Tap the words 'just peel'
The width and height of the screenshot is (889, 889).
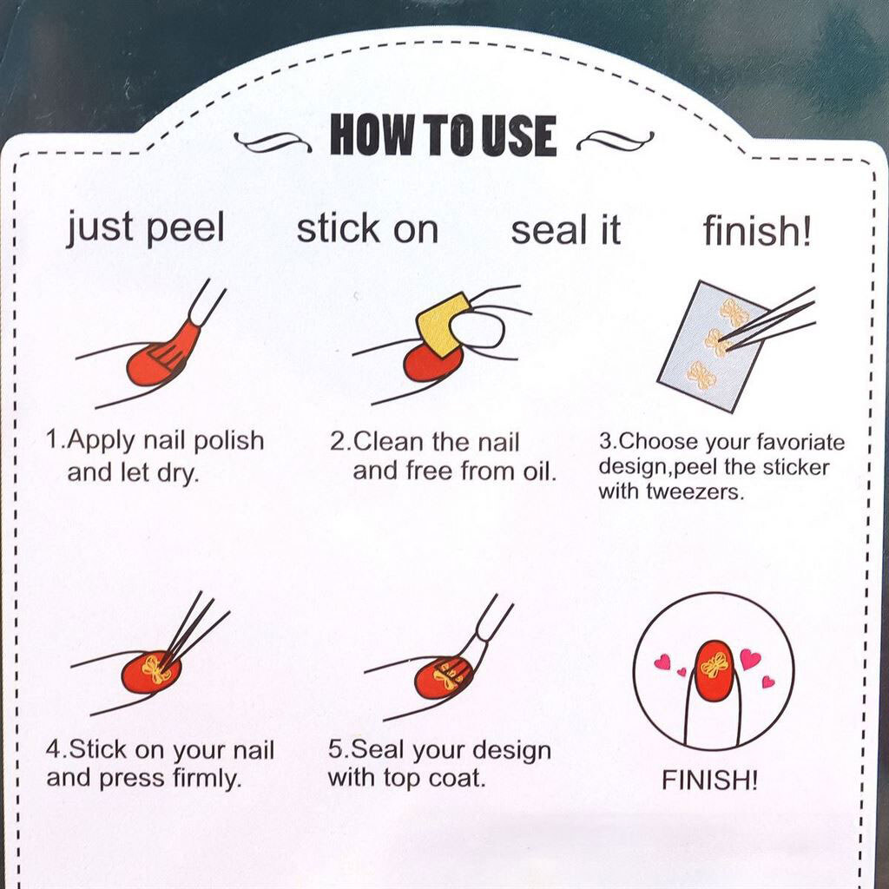(x=146, y=228)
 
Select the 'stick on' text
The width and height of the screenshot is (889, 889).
(x=367, y=229)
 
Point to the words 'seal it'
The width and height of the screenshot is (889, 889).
(x=566, y=231)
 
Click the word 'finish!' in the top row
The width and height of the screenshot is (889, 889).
(x=757, y=231)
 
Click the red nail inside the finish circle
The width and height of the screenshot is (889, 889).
(x=715, y=671)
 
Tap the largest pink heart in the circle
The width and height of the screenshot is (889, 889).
(x=750, y=659)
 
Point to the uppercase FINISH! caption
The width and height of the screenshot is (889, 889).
(x=709, y=780)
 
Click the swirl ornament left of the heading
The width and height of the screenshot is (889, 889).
(x=272, y=142)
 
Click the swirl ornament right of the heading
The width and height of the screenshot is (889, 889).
(x=616, y=140)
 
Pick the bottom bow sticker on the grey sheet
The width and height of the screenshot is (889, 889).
(x=701, y=377)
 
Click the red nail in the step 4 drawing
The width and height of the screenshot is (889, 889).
(x=151, y=673)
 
